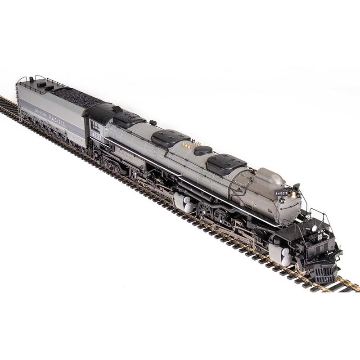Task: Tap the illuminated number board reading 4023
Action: coord(281,193)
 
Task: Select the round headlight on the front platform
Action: coord(314,228)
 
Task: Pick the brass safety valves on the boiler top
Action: coord(186,145)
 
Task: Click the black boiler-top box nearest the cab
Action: coord(129,119)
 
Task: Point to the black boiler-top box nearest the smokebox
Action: coord(226,163)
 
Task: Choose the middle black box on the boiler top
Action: coord(171,138)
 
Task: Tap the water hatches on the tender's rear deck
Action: coord(44,84)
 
